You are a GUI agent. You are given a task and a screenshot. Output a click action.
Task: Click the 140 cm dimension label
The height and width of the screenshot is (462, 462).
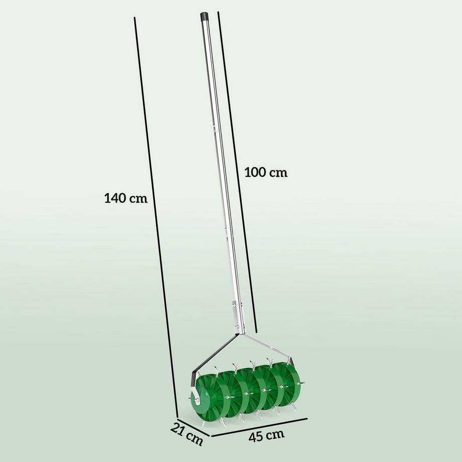coord(126,198)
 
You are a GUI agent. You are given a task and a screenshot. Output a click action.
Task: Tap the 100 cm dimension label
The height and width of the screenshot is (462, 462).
coord(266,172)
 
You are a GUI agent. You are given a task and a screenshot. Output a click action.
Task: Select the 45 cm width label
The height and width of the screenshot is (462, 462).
coord(266,435)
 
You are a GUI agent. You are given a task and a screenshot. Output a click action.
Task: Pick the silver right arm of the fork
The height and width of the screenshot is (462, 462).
coord(269,346)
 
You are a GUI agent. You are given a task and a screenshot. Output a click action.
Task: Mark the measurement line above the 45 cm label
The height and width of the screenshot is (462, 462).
coord(259,426)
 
